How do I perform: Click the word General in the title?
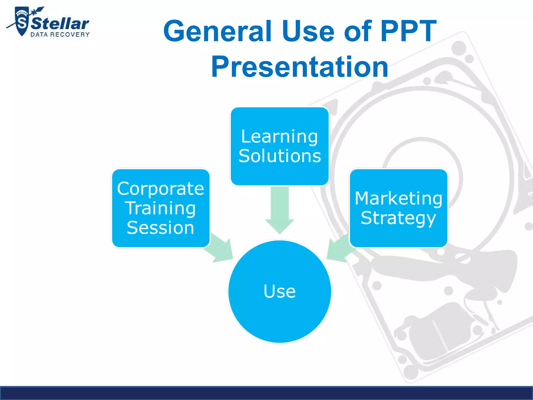(x=218, y=31)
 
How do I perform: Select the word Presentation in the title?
(x=300, y=67)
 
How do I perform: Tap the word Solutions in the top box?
(x=280, y=156)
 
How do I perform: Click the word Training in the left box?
(x=161, y=208)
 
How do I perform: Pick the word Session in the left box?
(x=161, y=228)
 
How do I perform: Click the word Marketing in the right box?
(x=398, y=198)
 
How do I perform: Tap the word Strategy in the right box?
(x=398, y=218)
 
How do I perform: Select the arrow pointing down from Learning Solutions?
(x=280, y=211)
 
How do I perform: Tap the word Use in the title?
(x=308, y=31)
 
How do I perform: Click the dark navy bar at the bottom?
(x=266, y=393)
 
